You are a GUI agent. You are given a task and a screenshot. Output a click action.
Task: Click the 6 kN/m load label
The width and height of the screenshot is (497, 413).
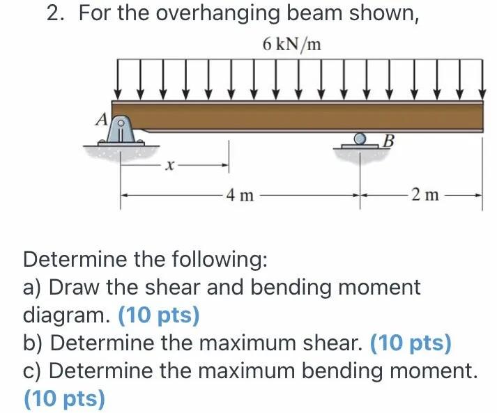point(292,45)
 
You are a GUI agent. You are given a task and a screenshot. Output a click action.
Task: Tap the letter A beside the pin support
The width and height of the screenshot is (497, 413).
point(102,120)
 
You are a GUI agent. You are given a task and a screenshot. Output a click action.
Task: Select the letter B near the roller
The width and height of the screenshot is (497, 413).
point(389,143)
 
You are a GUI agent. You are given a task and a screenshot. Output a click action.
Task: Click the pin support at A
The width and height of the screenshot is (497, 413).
point(121,132)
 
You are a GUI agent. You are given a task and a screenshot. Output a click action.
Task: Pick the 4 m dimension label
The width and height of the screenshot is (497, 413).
point(241,195)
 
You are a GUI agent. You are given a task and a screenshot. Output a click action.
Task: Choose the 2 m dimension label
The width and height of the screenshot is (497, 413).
point(425,195)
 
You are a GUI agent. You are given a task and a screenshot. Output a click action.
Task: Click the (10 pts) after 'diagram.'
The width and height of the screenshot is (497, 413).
point(159,315)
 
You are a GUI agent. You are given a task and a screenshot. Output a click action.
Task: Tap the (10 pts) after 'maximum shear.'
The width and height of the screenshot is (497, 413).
point(411,343)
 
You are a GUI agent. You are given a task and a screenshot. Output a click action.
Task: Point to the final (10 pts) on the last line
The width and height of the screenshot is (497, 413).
point(64,399)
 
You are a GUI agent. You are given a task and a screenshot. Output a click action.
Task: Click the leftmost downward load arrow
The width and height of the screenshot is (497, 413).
point(118,82)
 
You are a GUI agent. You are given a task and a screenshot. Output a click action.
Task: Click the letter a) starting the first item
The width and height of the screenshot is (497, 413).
point(33,287)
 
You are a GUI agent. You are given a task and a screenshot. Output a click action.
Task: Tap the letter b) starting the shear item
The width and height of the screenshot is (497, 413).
point(33,343)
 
